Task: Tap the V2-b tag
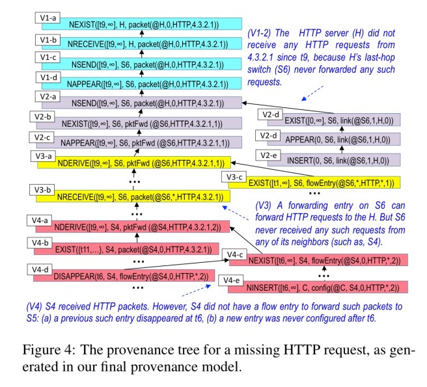pos(44,117)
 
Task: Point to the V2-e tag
pos(270,155)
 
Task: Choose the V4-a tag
pos(44,220)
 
